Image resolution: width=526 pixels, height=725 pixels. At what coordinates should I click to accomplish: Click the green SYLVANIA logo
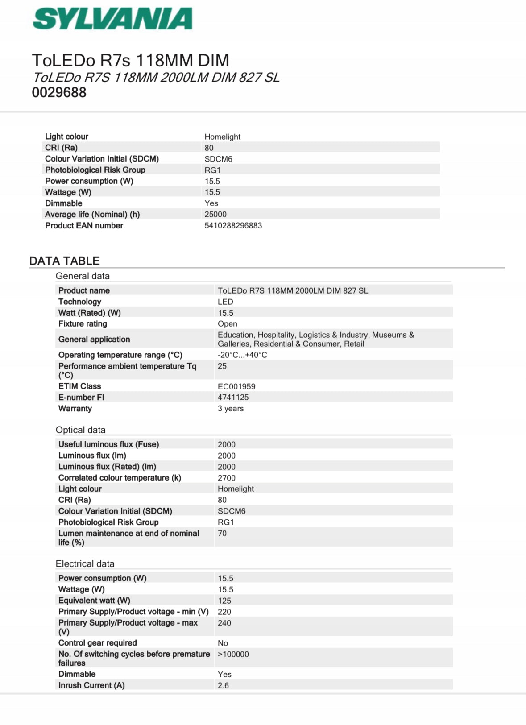click(x=112, y=19)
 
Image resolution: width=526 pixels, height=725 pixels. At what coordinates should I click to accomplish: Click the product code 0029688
click(x=59, y=93)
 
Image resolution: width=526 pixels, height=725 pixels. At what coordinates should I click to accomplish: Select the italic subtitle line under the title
click(x=156, y=78)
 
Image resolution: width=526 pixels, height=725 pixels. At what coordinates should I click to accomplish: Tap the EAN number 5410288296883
click(x=233, y=226)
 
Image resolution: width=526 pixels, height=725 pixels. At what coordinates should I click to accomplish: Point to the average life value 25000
click(x=215, y=215)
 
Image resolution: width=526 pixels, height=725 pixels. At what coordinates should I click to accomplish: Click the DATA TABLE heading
click(x=64, y=261)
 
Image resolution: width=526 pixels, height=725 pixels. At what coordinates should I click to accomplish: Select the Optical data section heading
click(x=80, y=430)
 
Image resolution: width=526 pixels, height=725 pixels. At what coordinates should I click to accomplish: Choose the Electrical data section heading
click(x=85, y=564)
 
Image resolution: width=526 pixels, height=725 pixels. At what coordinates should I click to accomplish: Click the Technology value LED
click(x=225, y=302)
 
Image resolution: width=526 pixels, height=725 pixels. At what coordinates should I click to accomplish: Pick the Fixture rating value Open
click(x=227, y=324)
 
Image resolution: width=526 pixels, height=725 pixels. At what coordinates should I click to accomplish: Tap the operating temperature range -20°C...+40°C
click(x=242, y=355)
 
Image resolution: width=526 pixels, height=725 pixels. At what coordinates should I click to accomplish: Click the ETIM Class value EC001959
click(x=236, y=386)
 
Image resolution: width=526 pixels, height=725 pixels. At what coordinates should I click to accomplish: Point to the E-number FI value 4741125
click(x=233, y=398)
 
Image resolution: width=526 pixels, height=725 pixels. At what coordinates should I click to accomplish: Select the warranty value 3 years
click(x=231, y=409)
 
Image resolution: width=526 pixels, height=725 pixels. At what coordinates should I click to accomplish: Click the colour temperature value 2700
click(x=226, y=478)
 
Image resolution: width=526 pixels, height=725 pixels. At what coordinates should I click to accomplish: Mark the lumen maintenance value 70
click(x=222, y=534)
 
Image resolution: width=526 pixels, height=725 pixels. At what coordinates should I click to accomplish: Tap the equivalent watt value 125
click(x=224, y=601)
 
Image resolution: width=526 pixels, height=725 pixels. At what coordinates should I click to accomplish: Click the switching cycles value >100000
click(x=233, y=655)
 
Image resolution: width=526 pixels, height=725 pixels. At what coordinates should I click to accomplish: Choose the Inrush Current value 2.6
click(x=223, y=686)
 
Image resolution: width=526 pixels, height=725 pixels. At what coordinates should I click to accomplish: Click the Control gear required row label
click(x=97, y=643)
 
